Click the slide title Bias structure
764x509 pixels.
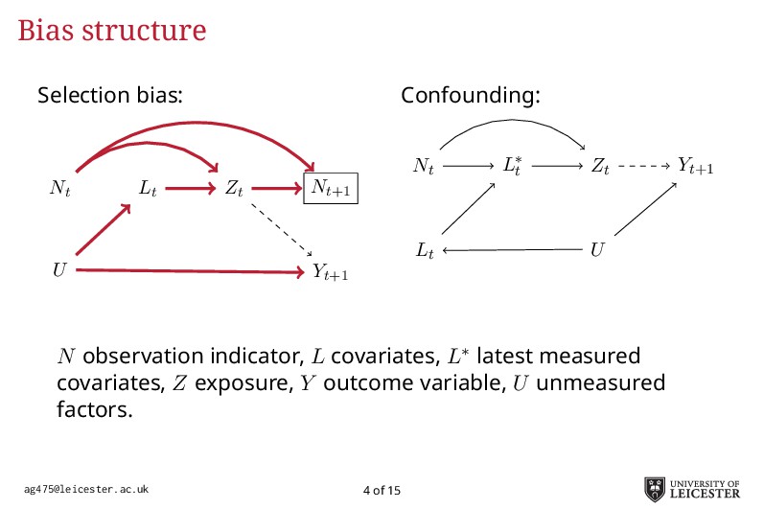(x=112, y=31)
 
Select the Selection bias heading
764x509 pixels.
(x=110, y=96)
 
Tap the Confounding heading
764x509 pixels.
(x=471, y=96)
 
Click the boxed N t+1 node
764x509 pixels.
(x=331, y=190)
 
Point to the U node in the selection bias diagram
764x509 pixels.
(x=60, y=270)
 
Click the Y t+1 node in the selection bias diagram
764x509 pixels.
(x=330, y=272)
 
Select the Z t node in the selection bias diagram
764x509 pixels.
(x=234, y=190)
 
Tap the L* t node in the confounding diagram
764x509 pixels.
(x=513, y=166)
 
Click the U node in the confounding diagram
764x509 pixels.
(x=597, y=251)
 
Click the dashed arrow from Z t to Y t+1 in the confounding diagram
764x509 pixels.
(x=642, y=166)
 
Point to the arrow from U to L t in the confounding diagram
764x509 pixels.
(x=512, y=251)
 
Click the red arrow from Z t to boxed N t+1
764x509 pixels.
(x=276, y=189)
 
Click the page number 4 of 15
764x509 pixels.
(x=382, y=491)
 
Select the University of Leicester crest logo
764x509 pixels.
(x=658, y=488)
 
